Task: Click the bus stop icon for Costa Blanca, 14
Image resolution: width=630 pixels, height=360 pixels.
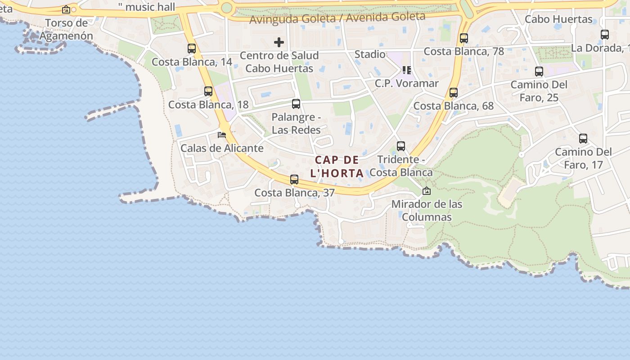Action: click(192, 48)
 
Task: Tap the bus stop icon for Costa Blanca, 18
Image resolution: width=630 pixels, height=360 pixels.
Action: click(208, 91)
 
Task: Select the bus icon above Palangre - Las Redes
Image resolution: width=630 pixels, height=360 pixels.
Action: click(296, 104)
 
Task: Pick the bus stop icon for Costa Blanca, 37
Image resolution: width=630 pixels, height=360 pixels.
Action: click(294, 180)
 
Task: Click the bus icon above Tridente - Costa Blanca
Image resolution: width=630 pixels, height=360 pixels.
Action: click(400, 146)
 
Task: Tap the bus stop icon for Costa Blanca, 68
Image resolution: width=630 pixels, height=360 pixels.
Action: click(453, 93)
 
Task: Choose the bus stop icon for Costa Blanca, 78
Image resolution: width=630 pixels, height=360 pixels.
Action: click(463, 38)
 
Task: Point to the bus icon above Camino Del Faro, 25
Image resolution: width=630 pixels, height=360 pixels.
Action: click(539, 71)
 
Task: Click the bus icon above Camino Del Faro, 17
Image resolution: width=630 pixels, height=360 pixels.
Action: click(583, 139)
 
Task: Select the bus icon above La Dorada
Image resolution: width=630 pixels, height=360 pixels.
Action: click(604, 34)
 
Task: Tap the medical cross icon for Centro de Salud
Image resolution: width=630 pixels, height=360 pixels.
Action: click(279, 43)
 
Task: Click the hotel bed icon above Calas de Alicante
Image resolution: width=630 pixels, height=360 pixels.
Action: click(221, 135)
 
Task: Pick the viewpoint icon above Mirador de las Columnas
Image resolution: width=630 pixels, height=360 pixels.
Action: click(426, 191)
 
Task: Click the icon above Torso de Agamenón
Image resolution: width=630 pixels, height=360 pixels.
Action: click(66, 9)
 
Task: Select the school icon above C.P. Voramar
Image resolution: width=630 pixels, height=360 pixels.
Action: click(406, 70)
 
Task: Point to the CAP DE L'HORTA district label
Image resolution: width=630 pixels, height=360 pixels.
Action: click(337, 166)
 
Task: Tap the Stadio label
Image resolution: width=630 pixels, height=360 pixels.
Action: click(370, 54)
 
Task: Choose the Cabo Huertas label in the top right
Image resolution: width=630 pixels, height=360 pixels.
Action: click(558, 19)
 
